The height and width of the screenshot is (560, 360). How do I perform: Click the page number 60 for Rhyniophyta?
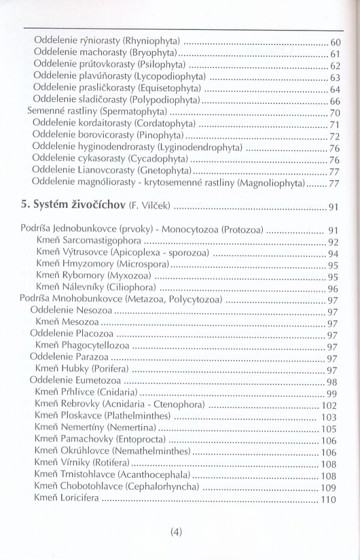tap(335, 43)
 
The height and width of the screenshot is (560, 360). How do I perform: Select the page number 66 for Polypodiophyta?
tap(335, 100)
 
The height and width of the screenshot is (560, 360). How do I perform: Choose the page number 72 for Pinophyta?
tap(335, 136)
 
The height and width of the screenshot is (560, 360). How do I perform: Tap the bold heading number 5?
tap(25, 207)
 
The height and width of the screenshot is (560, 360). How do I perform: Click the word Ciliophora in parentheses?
tap(133, 288)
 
